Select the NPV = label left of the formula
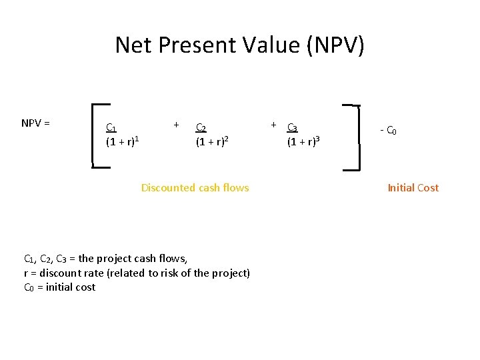(36, 123)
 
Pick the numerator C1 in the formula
(111, 128)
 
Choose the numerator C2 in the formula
(200, 128)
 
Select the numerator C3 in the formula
(293, 127)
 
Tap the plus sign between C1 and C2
(176, 124)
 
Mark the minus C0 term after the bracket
(389, 131)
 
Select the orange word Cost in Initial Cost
(428, 188)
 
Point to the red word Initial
(401, 188)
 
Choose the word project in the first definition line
(117, 259)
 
